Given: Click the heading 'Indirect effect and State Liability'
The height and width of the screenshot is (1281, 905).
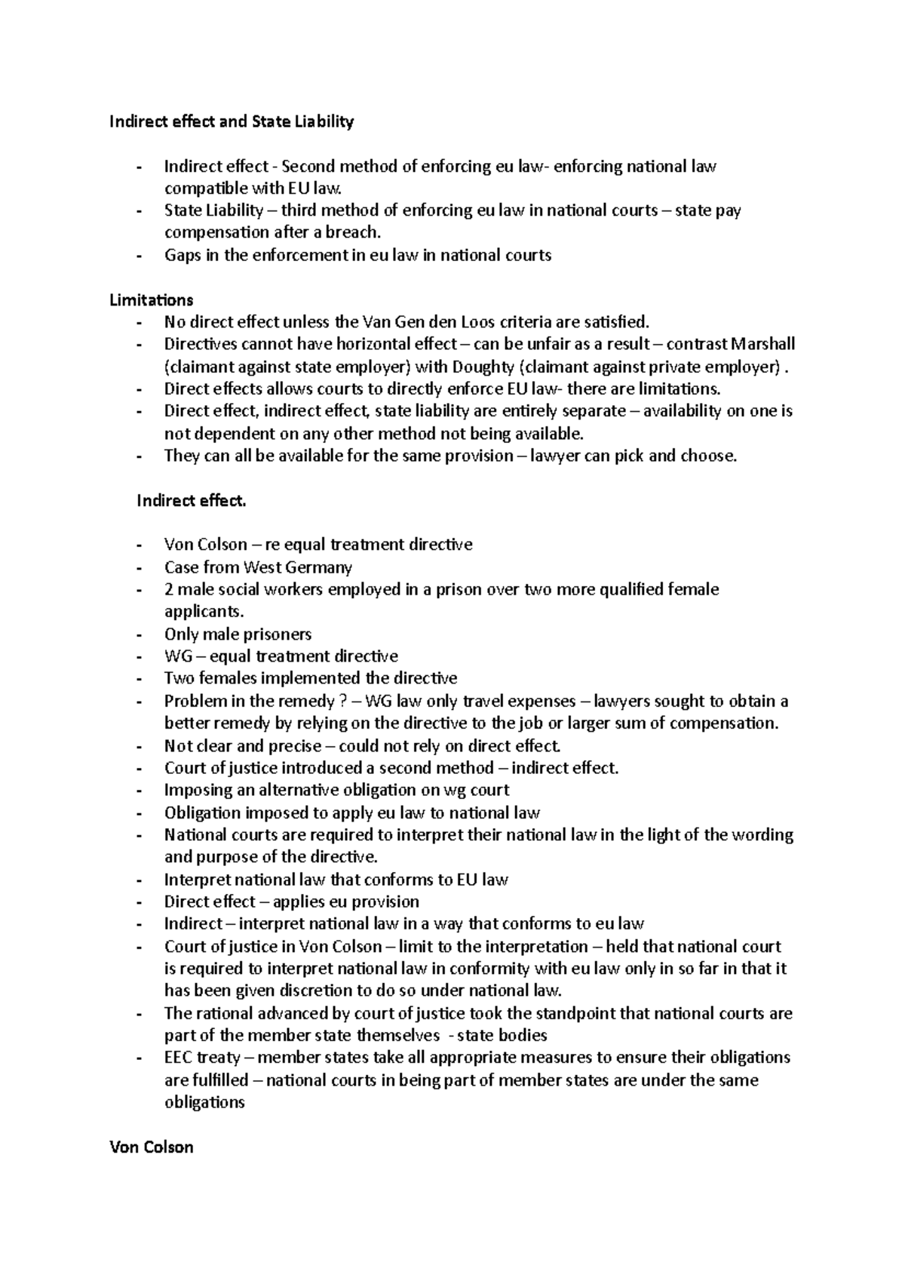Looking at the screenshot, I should click(x=232, y=121).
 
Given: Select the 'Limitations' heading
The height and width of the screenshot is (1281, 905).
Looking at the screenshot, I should click(x=151, y=300).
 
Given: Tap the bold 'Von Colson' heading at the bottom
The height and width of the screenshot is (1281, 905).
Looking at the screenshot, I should click(x=151, y=1147).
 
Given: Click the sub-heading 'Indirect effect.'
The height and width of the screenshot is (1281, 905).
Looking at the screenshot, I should click(x=191, y=500).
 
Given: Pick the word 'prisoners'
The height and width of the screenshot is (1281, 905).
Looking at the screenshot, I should click(x=275, y=634).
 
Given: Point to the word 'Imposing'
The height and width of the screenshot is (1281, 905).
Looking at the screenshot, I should click(x=198, y=790).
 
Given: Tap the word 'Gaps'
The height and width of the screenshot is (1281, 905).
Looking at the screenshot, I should click(x=182, y=255).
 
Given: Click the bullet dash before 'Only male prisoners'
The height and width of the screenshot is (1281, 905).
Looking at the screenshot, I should click(x=139, y=634).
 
